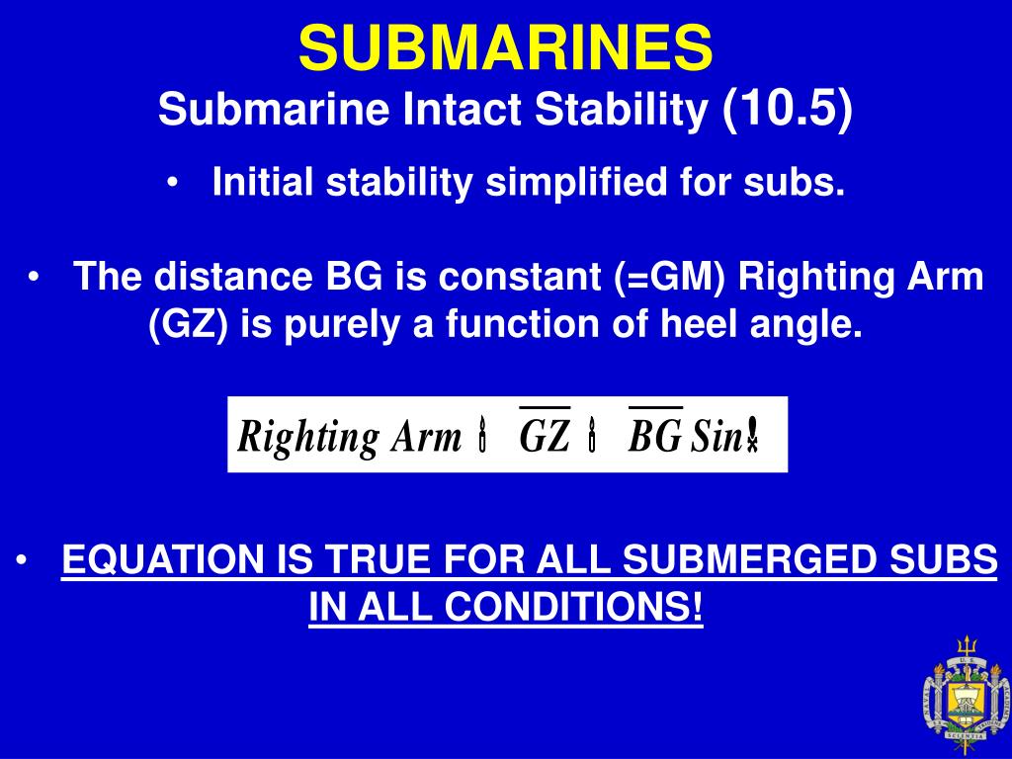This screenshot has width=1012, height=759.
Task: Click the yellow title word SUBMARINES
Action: (505, 46)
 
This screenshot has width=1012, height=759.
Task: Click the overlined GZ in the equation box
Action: (545, 436)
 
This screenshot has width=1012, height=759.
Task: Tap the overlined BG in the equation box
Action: (654, 436)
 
